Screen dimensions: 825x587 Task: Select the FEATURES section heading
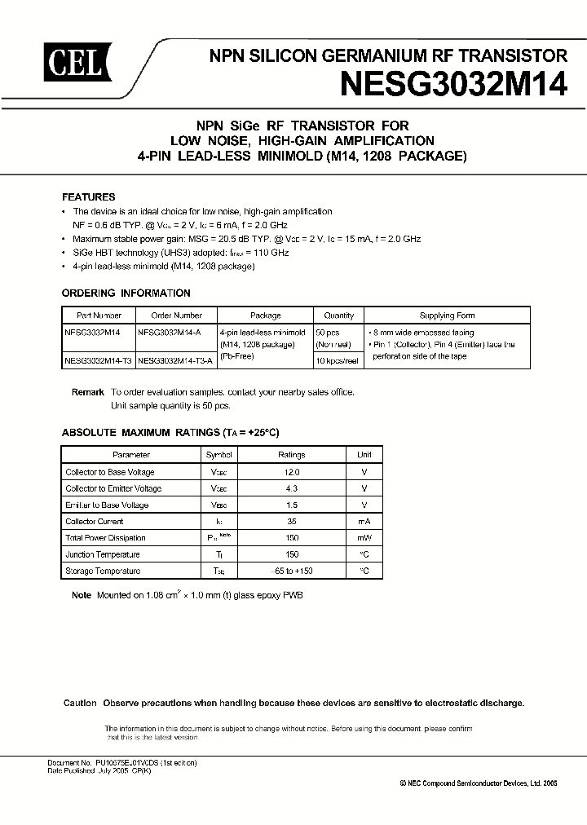[x=89, y=197]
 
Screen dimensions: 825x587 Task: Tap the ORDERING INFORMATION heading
[x=126, y=293]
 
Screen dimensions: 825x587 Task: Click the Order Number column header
[x=175, y=315]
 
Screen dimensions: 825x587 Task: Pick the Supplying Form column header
[x=447, y=315]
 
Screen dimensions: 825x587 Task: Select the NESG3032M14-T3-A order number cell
[x=175, y=360]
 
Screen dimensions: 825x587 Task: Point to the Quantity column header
[x=338, y=315]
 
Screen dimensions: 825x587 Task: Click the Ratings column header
[x=292, y=455]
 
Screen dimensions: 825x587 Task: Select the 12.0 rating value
[x=292, y=472]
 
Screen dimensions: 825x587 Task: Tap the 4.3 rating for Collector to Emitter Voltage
[x=292, y=488]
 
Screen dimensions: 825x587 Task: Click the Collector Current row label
[x=94, y=521]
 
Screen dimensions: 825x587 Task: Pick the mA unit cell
[x=364, y=521]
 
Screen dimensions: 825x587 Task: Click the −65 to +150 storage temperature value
[x=292, y=571]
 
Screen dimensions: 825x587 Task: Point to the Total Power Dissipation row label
[x=105, y=538]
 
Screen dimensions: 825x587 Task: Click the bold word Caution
[x=80, y=703]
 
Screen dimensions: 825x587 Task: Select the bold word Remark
[x=88, y=392]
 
